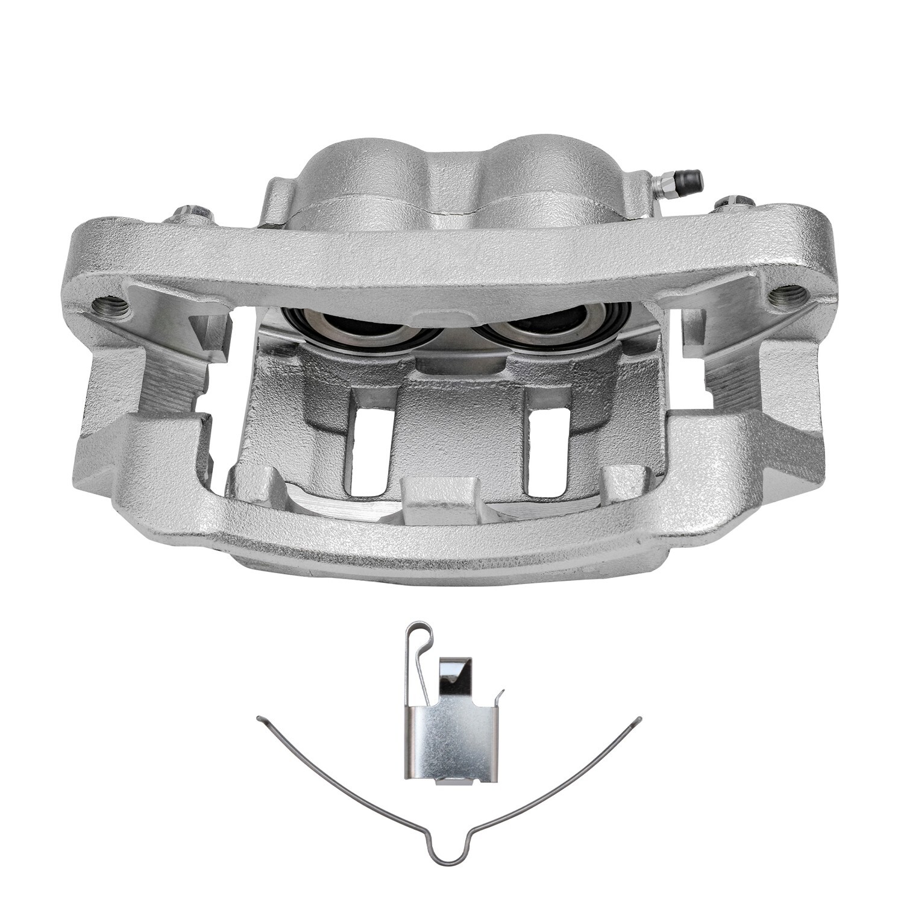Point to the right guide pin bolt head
[734, 204]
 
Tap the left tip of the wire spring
[260, 718]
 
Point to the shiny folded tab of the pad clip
[456, 675]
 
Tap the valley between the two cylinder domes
[449, 181]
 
